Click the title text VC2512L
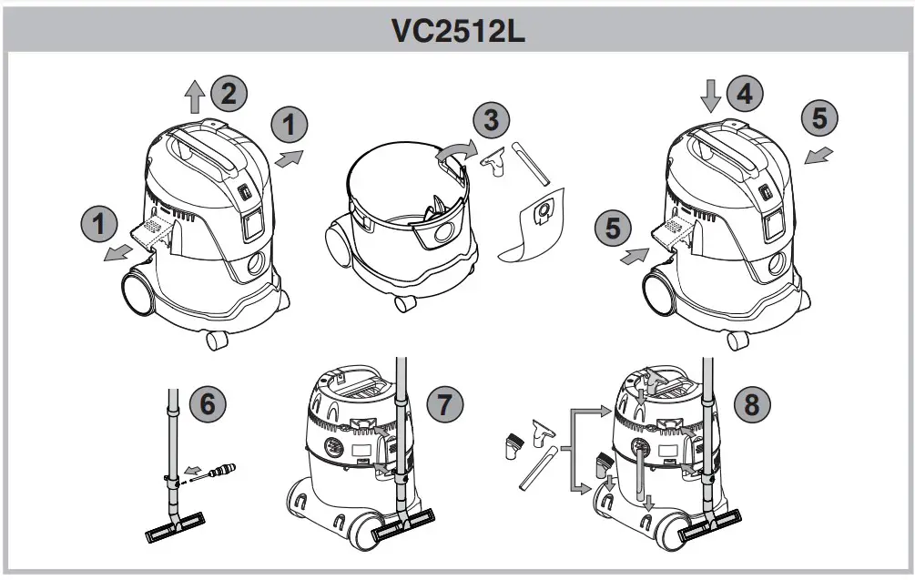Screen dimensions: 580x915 coord(458,29)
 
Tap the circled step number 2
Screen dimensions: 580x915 coord(229,93)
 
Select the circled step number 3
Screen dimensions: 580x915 coord(491,120)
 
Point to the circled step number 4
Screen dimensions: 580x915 coord(744,94)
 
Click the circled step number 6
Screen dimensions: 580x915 coord(208,402)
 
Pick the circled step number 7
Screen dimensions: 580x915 coord(443,402)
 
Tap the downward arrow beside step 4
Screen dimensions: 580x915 coord(712,95)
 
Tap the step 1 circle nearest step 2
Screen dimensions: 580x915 coord(290,125)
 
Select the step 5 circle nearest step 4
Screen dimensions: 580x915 coord(818,117)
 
